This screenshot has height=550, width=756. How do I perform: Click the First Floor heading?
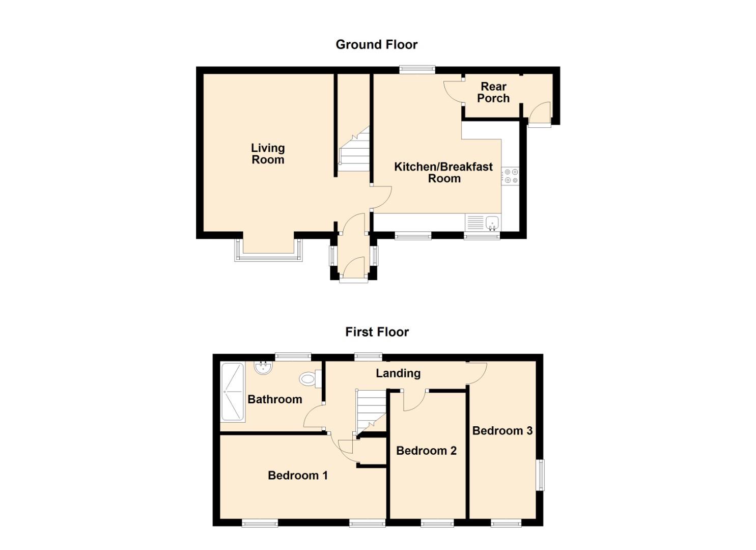tap(377, 332)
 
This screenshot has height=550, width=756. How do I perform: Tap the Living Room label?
tap(268, 154)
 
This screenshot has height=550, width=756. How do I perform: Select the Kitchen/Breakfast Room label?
tap(443, 172)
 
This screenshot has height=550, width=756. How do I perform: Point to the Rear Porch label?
tap(493, 92)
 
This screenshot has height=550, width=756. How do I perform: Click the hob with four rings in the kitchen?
tap(510, 176)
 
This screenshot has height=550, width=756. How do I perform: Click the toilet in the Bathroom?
tap(310, 378)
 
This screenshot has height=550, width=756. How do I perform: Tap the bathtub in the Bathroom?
tap(232, 392)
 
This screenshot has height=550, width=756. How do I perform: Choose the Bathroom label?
tap(275, 399)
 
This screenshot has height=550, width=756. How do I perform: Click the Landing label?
tap(398, 373)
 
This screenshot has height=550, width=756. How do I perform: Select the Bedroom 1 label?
tap(298, 475)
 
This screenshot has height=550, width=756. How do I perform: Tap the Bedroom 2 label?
tap(426, 450)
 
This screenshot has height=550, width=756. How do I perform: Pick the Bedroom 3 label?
tap(502, 430)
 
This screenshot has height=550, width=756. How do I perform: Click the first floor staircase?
tap(371, 412)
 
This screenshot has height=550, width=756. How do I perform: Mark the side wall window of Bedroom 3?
tap(541, 474)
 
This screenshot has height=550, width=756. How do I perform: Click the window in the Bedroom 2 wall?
tap(437, 524)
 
